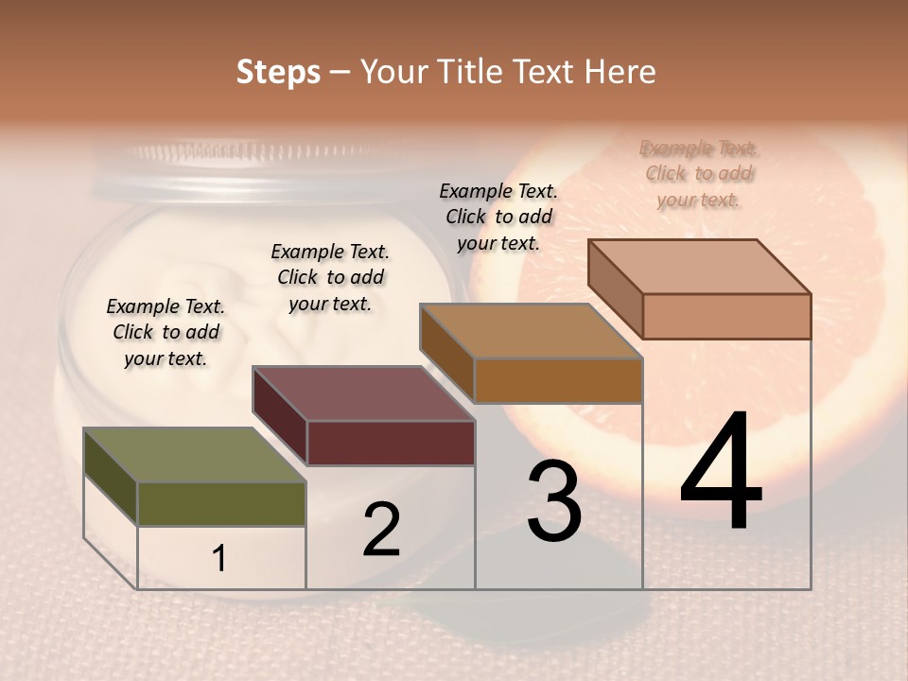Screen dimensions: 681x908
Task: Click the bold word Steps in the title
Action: click(x=277, y=72)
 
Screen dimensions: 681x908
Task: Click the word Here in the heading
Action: click(x=620, y=72)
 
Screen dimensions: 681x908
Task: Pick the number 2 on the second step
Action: click(x=381, y=530)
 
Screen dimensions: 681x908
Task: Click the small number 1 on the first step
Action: click(x=219, y=559)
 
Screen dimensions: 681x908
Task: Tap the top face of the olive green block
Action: click(x=195, y=455)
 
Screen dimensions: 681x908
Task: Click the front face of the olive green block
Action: click(x=221, y=504)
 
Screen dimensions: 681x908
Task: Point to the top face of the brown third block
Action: click(x=531, y=331)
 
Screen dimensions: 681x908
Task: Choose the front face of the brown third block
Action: click(x=558, y=381)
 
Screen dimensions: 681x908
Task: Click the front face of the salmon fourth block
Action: click(x=726, y=316)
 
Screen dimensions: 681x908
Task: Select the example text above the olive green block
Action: click(x=166, y=332)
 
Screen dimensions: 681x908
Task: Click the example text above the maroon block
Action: click(x=330, y=277)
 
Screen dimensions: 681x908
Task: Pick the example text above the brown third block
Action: click(x=498, y=217)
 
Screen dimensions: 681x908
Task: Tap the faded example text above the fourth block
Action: click(x=699, y=173)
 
